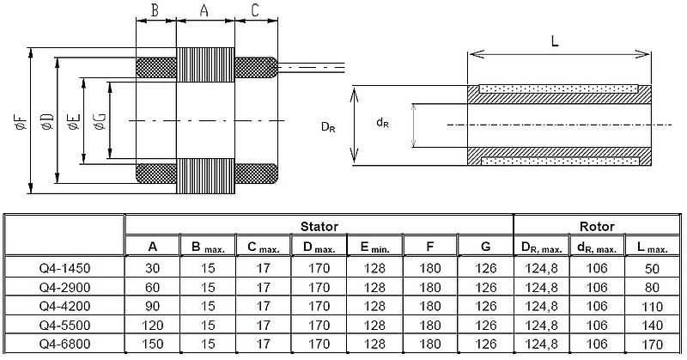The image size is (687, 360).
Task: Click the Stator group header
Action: tap(319, 227)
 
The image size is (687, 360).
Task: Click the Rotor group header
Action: tap(597, 227)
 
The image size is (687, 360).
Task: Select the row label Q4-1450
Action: tap(65, 267)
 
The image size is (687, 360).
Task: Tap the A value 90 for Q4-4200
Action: tap(153, 307)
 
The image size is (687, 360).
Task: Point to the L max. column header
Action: tap(653, 247)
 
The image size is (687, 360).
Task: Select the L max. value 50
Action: tap(653, 267)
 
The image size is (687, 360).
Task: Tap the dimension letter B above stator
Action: tap(155, 10)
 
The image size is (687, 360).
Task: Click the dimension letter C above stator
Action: tap(255, 10)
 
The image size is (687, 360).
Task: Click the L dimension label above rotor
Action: tap(556, 40)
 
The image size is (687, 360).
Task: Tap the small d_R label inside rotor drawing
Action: tap(383, 123)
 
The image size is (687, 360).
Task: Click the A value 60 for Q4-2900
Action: tap(153, 287)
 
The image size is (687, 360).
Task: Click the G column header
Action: tap(485, 247)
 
